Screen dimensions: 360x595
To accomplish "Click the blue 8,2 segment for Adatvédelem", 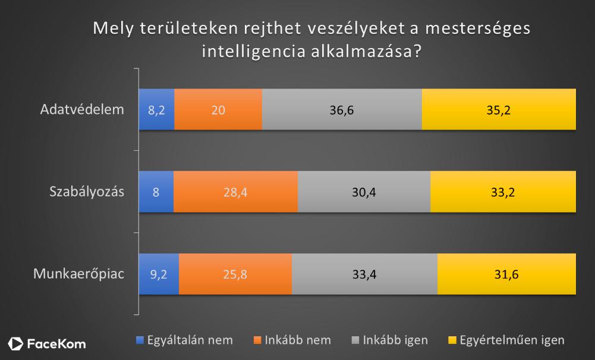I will point(156,109).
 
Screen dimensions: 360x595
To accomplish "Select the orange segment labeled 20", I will point(218,109).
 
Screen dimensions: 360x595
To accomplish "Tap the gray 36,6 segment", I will point(342,109).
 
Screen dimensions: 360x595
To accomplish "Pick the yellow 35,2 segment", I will point(499,109).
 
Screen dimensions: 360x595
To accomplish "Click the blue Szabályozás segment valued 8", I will point(156,191).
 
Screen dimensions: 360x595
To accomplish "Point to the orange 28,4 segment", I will point(235,191).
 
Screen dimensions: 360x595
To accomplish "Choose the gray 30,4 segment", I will point(364,191).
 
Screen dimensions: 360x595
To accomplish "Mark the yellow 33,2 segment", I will point(503,191).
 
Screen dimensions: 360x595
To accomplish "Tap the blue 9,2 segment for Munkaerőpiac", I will point(158,274).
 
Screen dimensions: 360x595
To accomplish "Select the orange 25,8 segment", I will point(235,274).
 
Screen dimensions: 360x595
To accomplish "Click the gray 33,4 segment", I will point(364,274).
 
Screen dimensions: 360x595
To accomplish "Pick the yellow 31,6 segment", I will point(506,274).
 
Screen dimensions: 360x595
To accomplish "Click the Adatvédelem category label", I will point(82,109).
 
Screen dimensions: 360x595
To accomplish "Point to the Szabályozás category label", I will point(87,191).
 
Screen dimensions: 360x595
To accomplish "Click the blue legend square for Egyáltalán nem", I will point(140,340).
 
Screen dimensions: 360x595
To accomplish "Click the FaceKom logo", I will point(47,344).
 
